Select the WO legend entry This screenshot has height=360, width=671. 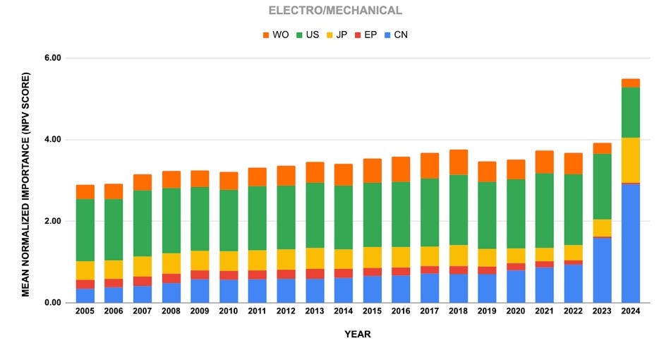pos(274,35)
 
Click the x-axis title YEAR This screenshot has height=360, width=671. pos(356,335)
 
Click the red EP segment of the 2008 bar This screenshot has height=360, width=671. pos(171,278)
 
